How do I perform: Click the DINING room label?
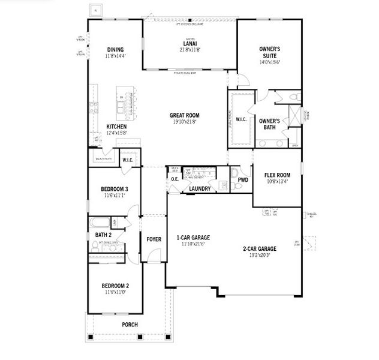[115, 50]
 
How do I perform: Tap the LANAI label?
[189, 44]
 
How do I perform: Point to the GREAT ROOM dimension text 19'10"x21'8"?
[184, 122]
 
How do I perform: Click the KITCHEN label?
[116, 127]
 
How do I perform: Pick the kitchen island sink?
[122, 106]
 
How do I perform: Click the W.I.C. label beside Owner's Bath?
[241, 119]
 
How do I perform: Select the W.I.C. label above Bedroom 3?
[128, 160]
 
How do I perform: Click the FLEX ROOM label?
[277, 176]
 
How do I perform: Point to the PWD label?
[243, 179]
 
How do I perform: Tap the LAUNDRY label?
[199, 189]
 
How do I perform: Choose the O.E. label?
[175, 179]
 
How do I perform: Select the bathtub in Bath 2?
[101, 222]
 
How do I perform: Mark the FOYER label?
[154, 239]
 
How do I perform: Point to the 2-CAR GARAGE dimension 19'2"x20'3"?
[259, 255]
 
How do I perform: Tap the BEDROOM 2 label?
[115, 286]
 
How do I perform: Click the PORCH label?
[130, 325]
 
